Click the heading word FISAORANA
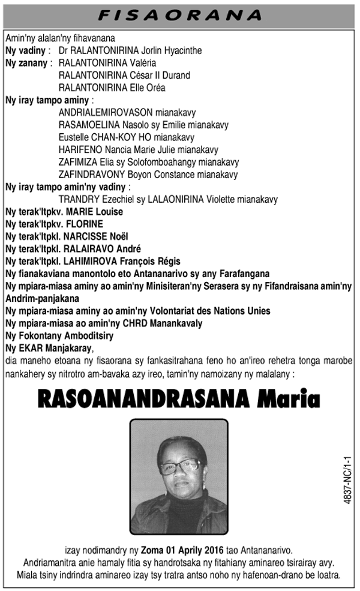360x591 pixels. coord(179,14)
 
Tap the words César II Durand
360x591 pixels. coord(162,75)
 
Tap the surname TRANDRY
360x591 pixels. coord(77,199)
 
